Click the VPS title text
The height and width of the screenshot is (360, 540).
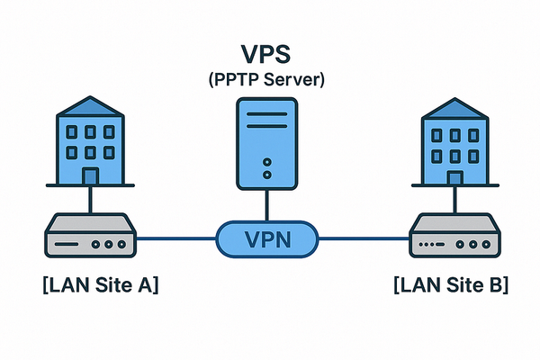pyautogui.click(x=266, y=54)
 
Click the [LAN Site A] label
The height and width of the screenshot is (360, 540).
pyautogui.click(x=100, y=287)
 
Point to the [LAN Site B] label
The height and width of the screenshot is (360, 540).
pyautogui.click(x=451, y=287)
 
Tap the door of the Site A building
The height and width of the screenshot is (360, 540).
pyautogui.click(x=90, y=175)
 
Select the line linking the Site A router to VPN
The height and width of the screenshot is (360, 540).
pyautogui.click(x=175, y=238)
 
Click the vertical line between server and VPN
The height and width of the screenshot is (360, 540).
pyautogui.click(x=267, y=205)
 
